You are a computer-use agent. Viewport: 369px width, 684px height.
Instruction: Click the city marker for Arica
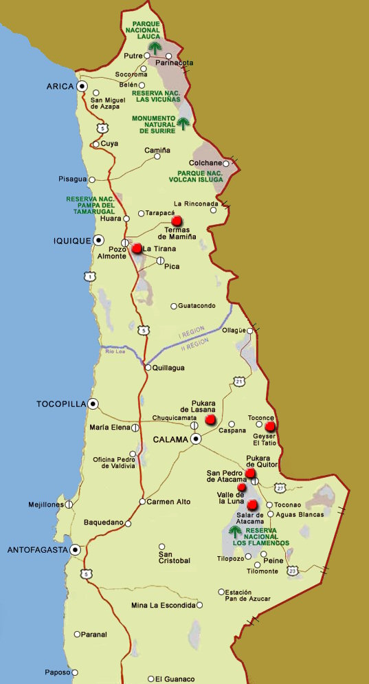coord(82,87)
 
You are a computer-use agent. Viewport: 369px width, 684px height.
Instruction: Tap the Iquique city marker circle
coord(99,240)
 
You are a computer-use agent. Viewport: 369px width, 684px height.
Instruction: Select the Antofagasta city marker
coord(75,550)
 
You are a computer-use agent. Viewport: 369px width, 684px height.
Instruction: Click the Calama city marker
coord(196,439)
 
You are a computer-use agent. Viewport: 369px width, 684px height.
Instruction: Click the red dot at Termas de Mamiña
coord(177,221)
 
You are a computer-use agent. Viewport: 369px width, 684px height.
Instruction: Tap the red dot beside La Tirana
coord(137,248)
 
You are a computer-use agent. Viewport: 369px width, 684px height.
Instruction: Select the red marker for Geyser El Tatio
coord(270,426)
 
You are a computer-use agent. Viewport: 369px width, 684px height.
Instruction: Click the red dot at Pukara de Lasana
coord(210,419)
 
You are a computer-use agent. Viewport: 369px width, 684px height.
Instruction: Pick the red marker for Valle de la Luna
coord(241,487)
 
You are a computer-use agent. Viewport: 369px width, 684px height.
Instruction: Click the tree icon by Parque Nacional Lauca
coord(155,47)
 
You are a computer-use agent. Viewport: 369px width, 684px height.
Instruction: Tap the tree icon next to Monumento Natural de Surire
coord(183,123)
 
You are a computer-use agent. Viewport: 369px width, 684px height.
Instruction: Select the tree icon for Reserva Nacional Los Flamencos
coord(234,531)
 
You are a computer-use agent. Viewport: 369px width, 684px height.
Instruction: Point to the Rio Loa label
coord(115,351)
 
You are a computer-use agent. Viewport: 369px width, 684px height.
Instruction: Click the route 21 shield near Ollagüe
coord(238,380)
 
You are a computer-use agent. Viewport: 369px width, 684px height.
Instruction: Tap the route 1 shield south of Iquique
coord(89,276)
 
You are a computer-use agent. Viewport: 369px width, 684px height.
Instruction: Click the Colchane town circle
coord(225,164)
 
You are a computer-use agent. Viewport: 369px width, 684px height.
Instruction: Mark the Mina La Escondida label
coord(163,606)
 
